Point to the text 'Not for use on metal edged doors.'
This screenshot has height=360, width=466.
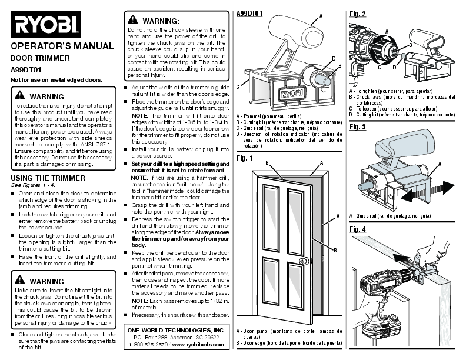pyautogui.click(x=56, y=79)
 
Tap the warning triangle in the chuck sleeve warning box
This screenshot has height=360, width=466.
pyautogui.click(x=130, y=21)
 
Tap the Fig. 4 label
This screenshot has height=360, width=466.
pyautogui.click(x=358, y=228)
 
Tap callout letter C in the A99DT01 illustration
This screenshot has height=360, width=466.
pyautogui.click(x=238, y=86)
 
